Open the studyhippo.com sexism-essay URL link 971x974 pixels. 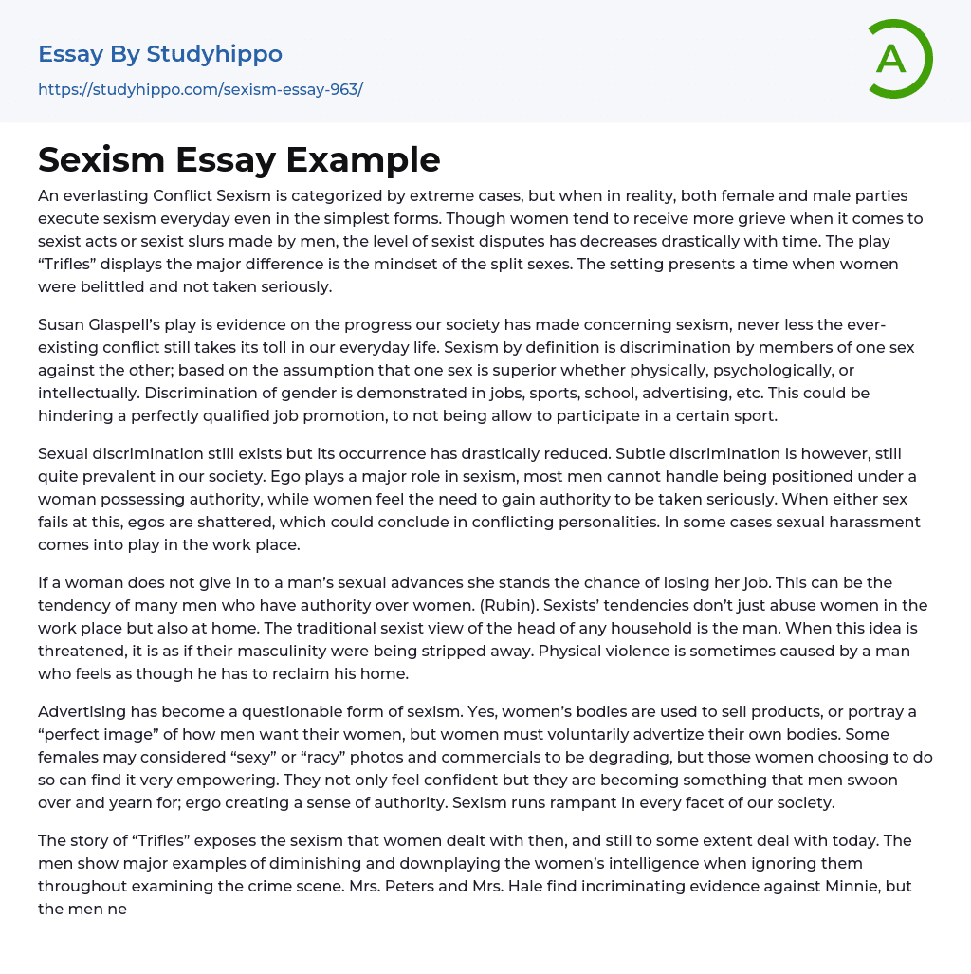tap(200, 90)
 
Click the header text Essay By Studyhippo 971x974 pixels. tap(160, 54)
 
